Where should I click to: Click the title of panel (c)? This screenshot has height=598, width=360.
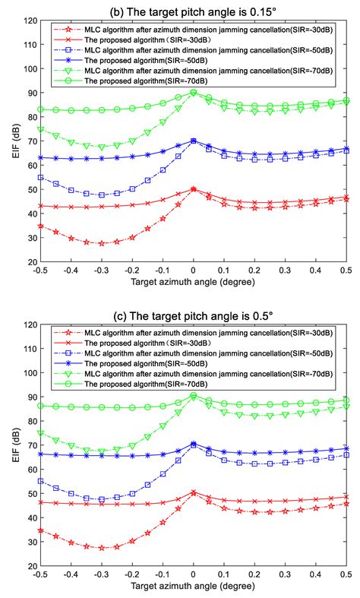(192, 312)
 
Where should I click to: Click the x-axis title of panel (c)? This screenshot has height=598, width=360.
(192, 587)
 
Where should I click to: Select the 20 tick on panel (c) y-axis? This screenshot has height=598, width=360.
(29, 566)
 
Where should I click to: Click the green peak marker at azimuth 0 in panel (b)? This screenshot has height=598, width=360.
(193, 93)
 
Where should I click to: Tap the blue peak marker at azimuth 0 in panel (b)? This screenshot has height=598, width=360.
(193, 141)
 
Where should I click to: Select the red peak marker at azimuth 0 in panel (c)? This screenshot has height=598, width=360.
(193, 493)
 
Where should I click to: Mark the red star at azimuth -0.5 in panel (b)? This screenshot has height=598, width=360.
(39, 226)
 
